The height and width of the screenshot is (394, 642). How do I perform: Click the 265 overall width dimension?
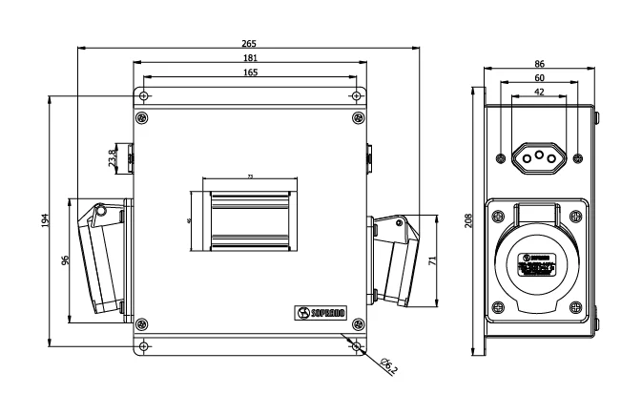pyautogui.click(x=249, y=44)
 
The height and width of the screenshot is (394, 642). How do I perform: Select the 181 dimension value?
pyautogui.click(x=249, y=57)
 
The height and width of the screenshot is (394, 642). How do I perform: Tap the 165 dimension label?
pyautogui.click(x=249, y=72)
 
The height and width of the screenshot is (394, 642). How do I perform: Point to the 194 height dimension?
pyautogui.click(x=45, y=219)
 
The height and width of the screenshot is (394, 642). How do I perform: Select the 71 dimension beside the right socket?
pyautogui.click(x=433, y=259)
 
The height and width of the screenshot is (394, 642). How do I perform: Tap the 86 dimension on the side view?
pyautogui.click(x=540, y=63)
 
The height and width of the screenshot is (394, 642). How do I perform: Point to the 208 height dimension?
pyautogui.click(x=467, y=219)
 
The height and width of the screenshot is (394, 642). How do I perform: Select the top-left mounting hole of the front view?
pyautogui.click(x=142, y=95)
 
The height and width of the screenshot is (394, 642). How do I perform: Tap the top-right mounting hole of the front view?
pyautogui.click(x=357, y=95)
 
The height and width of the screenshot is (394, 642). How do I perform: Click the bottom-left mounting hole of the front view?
pyautogui.click(x=142, y=344)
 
